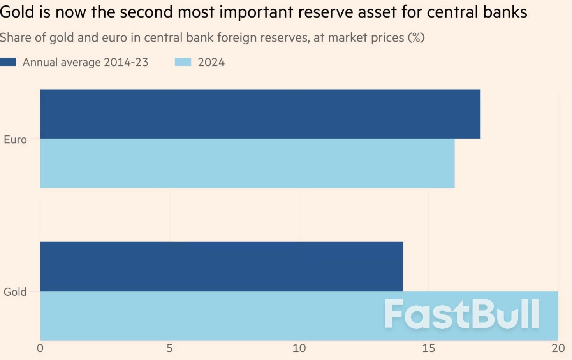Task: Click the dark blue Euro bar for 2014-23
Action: (260, 114)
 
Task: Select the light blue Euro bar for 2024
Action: (247, 163)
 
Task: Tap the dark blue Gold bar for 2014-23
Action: (221, 266)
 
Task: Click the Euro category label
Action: (15, 140)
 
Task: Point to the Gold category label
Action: (15, 292)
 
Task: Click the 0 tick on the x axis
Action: (40, 348)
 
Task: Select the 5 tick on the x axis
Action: (170, 348)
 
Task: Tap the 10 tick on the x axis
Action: (299, 348)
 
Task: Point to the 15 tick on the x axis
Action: (429, 348)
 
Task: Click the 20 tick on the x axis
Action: (558, 348)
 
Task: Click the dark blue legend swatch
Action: (8, 62)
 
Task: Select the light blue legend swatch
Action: (183, 62)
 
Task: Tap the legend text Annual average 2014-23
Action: (85, 62)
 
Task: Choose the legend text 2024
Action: (211, 62)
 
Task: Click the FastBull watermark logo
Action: (462, 314)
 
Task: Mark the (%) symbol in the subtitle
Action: (416, 38)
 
